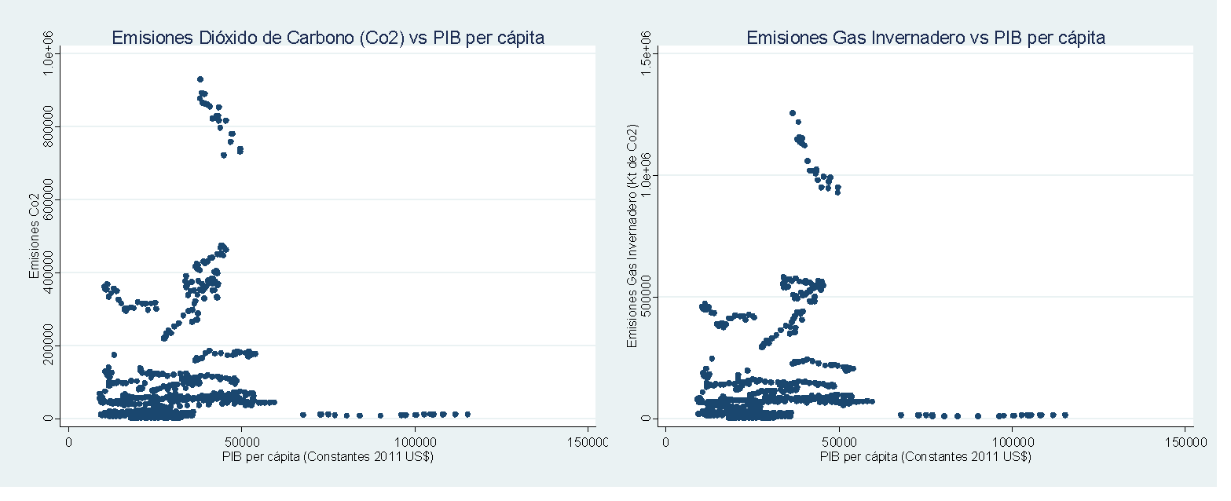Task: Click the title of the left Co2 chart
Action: point(328,38)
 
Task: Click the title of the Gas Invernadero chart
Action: point(925,38)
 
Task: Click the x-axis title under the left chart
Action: point(328,456)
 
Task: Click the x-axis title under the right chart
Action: point(925,456)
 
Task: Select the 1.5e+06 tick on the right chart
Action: point(647,53)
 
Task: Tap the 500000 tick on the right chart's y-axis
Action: point(647,296)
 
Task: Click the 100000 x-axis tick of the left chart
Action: point(416,443)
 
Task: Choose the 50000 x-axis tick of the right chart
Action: point(839,443)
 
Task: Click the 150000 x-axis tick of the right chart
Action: point(1184,443)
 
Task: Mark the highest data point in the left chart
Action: point(200,79)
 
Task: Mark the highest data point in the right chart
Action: point(793,113)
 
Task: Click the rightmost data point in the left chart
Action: point(467,414)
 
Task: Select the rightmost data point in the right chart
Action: point(1065,415)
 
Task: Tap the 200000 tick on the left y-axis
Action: point(49,345)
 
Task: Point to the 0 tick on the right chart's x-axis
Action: point(665,443)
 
